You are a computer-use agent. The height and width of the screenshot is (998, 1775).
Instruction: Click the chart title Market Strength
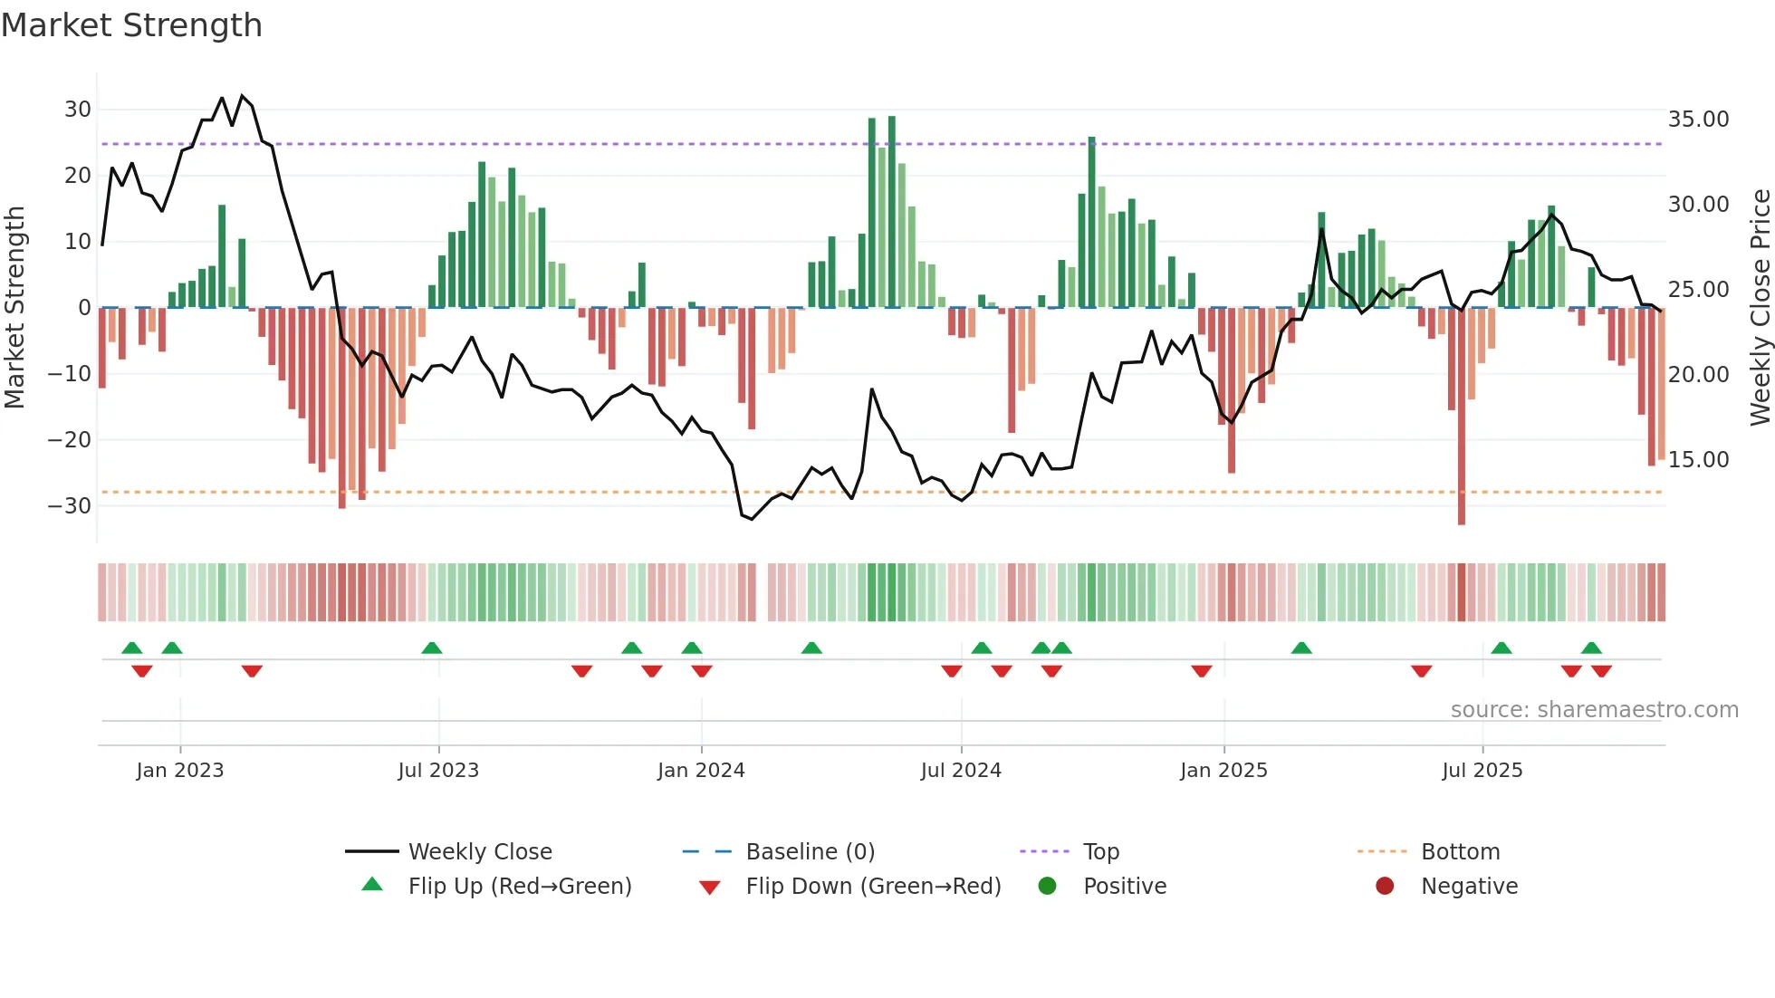pos(131,25)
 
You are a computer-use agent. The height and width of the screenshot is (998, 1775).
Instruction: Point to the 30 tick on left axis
pos(78,110)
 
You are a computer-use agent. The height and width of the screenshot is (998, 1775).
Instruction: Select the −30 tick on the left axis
pos(70,505)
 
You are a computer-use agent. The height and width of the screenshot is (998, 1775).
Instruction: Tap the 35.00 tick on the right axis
pos(1698,120)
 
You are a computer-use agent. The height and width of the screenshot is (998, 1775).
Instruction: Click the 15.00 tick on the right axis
pos(1698,460)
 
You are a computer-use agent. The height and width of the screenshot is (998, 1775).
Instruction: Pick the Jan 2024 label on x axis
pos(701,771)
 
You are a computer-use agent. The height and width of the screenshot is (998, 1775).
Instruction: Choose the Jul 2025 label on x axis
pos(1482,771)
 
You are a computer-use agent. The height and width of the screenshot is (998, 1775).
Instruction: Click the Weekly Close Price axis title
pos(1760,308)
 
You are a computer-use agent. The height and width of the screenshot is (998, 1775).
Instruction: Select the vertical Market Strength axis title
pos(14,308)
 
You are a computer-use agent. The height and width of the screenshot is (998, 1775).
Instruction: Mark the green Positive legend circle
pos(1047,887)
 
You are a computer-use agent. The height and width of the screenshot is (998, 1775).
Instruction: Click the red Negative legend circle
pos(1385,887)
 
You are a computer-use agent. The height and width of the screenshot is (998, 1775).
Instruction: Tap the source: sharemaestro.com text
pos(1594,710)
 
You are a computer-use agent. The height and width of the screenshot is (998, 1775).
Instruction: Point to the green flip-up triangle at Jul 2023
pos(432,648)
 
